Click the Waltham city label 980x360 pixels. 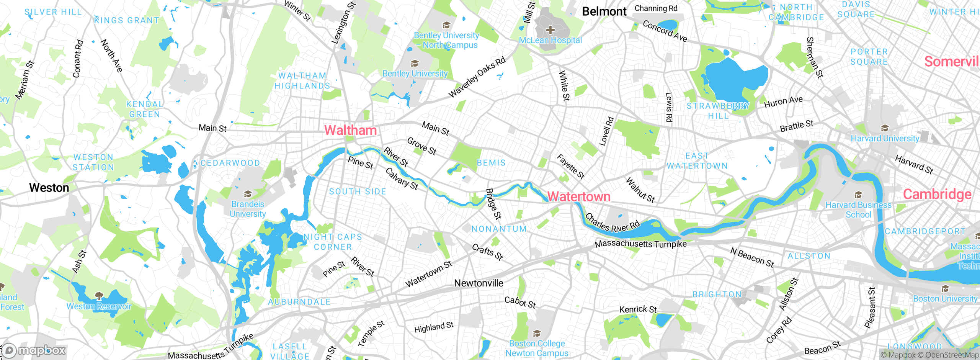(x=350, y=130)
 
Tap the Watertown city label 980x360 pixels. (x=578, y=196)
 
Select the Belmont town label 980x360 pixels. (x=604, y=11)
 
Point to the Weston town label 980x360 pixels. (x=49, y=188)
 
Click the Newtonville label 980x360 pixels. (x=479, y=283)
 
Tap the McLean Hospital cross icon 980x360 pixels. (x=550, y=30)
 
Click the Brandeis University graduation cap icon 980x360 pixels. (x=248, y=194)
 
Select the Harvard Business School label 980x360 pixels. (x=858, y=209)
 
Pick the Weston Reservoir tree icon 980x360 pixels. (x=99, y=296)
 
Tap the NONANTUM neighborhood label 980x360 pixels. (x=499, y=229)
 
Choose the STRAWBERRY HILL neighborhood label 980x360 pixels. (x=718, y=111)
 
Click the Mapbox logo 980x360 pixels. (x=34, y=350)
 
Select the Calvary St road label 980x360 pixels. (x=402, y=179)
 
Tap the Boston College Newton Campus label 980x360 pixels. (x=537, y=348)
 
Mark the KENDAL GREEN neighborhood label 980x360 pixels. (x=145, y=109)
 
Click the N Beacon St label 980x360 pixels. (x=752, y=257)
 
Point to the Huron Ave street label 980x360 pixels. (x=783, y=102)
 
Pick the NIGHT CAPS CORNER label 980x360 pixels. (x=333, y=242)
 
